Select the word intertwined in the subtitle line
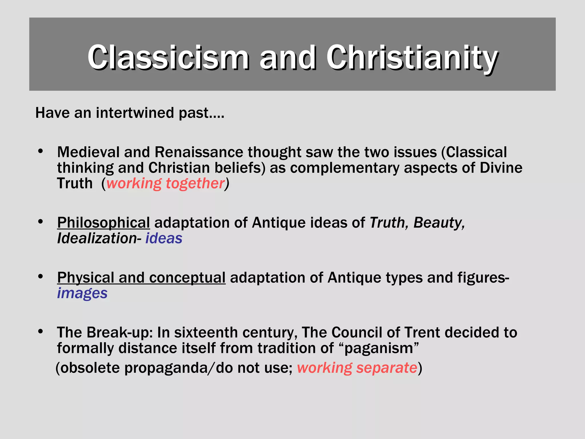click(x=135, y=113)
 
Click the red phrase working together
click(x=165, y=183)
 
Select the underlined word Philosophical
click(x=103, y=223)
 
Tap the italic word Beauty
click(x=439, y=223)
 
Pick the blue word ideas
click(x=164, y=238)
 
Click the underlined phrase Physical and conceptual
click(x=141, y=278)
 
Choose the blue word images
click(x=82, y=293)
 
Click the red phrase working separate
click(x=357, y=368)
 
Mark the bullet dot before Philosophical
click(x=40, y=221)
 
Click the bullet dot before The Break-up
click(x=40, y=331)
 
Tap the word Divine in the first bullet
click(x=501, y=168)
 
